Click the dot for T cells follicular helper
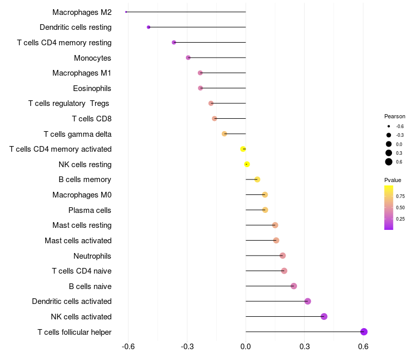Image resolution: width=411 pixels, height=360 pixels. pyautogui.click(x=364, y=332)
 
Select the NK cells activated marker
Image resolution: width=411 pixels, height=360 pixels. pyautogui.click(x=324, y=316)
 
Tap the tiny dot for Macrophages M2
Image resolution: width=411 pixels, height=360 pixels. pyautogui.click(x=126, y=12)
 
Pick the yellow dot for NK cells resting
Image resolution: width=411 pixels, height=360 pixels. pyautogui.click(x=247, y=165)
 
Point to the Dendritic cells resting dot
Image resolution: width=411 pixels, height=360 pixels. pyautogui.click(x=148, y=27)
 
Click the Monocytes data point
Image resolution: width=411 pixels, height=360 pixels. pyautogui.click(x=188, y=58)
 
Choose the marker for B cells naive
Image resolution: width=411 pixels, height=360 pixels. pyautogui.click(x=294, y=286)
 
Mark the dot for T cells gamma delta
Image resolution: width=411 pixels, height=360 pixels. pyautogui.click(x=225, y=134)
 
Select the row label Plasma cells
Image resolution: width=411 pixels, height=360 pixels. pyautogui.click(x=90, y=210)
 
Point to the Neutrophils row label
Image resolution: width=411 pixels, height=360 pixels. pyautogui.click(x=92, y=256)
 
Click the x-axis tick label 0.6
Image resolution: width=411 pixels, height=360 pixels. pyautogui.click(x=363, y=347)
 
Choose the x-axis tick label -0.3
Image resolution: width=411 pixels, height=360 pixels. pyautogui.click(x=187, y=347)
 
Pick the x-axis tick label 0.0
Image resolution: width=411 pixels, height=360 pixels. pyautogui.click(x=246, y=347)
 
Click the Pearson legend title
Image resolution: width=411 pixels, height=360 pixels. pyautogui.click(x=395, y=116)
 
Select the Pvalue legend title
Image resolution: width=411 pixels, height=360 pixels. pyautogui.click(x=393, y=180)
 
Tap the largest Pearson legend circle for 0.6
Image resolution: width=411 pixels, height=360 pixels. pyautogui.click(x=389, y=162)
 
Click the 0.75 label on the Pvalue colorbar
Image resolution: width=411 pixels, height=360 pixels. pyautogui.click(x=400, y=196)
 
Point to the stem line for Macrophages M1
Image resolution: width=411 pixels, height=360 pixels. pyautogui.click(x=223, y=73)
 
